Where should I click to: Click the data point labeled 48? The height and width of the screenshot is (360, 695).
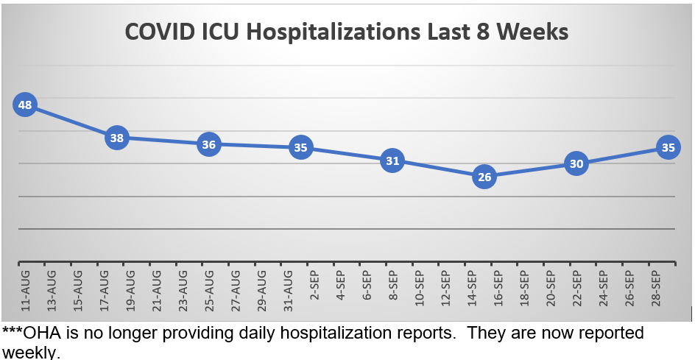[25, 105]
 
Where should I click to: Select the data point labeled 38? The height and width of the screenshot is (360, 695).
[117, 138]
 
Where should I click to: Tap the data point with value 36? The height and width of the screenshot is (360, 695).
[208, 144]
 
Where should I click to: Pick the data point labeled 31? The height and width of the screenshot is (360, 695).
[392, 160]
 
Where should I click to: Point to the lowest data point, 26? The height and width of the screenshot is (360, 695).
[484, 177]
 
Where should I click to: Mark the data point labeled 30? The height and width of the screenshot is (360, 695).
[576, 164]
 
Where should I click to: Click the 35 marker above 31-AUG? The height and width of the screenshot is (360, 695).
[300, 147]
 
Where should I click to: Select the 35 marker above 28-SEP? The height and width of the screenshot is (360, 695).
[668, 147]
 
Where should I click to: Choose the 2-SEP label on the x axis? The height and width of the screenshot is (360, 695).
[314, 287]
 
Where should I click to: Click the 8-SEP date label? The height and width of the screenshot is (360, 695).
[393, 287]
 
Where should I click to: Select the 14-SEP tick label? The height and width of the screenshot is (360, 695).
[472, 289]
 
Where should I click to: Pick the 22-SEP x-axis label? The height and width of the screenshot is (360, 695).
[577, 289]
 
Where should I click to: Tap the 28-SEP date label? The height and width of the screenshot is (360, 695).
[656, 289]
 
